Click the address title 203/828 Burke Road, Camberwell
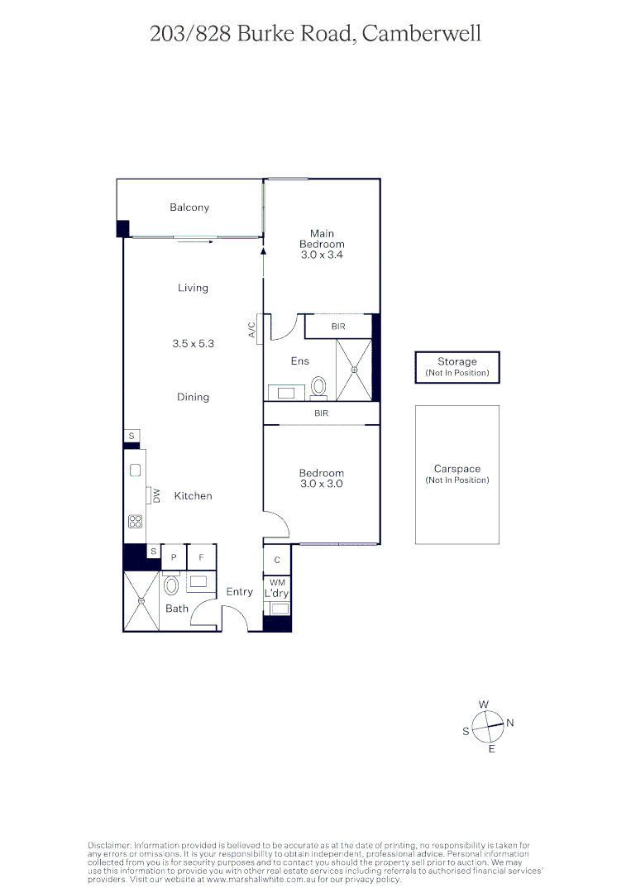[315, 34]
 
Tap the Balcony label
[189, 208]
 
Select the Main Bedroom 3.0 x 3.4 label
[322, 244]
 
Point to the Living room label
[193, 288]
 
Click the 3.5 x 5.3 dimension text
[193, 342]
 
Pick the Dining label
[193, 397]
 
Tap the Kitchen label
[193, 496]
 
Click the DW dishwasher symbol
[155, 495]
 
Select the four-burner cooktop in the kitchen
[135, 521]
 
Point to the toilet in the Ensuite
[319, 386]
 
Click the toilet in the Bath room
[171, 586]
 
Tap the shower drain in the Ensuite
[354, 370]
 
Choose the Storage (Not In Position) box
[457, 367]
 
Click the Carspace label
[457, 469]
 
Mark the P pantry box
[174, 557]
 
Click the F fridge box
[201, 557]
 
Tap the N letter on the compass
[510, 723]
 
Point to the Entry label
[240, 592]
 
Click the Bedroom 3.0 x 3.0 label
[321, 479]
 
